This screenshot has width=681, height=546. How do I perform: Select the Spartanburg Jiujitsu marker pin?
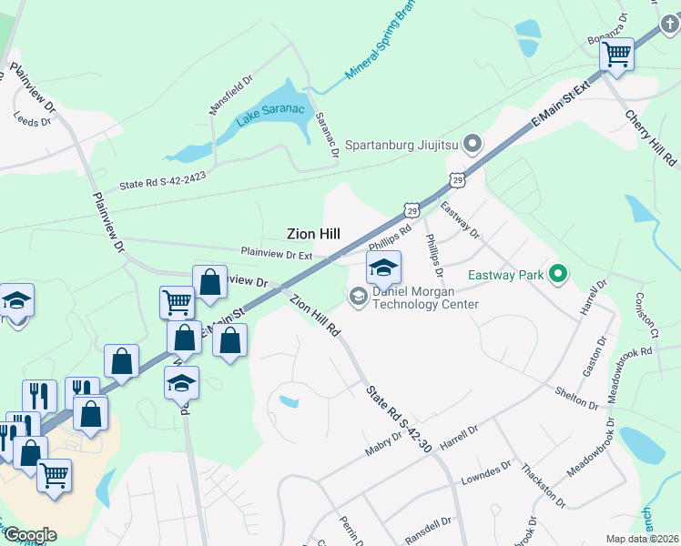coord(472,143)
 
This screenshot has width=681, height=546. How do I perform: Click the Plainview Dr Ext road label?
coord(276,253)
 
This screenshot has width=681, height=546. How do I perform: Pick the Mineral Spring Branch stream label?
coord(383,50)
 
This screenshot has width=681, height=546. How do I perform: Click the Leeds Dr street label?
coord(33,119)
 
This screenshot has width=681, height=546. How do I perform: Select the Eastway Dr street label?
coord(460,220)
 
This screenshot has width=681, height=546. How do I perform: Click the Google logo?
coord(29,535)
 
